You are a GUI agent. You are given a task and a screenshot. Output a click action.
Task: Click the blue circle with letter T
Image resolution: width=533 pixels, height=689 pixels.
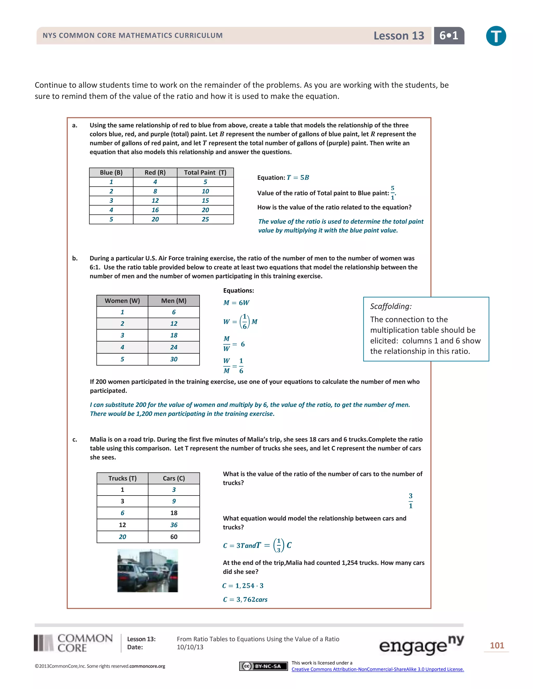click(496, 36)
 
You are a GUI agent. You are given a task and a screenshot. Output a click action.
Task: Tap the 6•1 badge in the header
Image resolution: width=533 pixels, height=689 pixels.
click(449, 36)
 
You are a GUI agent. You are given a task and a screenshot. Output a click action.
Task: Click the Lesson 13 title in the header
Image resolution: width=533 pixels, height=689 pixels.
click(398, 36)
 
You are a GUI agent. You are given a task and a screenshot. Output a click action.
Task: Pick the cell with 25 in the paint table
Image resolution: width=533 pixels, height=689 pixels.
click(205, 219)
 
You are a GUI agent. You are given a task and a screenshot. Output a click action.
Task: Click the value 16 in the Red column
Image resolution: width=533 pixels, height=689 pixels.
click(155, 210)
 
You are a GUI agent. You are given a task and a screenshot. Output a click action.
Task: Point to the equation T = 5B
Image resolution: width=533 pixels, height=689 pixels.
click(298, 178)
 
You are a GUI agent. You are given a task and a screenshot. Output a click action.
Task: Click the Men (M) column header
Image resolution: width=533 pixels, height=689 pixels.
click(174, 301)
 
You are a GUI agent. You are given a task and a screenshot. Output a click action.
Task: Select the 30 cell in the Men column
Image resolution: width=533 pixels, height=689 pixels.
click(174, 359)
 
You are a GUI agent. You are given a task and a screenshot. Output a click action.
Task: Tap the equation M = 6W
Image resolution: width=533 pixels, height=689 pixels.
click(236, 303)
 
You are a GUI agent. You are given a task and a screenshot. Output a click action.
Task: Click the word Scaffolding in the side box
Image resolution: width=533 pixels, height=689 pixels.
click(391, 306)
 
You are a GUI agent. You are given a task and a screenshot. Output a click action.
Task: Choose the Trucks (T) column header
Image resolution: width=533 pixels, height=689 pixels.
click(122, 478)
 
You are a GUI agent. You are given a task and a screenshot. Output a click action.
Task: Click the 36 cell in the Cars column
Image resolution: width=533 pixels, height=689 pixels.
click(174, 525)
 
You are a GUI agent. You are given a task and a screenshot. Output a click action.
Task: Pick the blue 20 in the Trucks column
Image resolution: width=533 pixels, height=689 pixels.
click(122, 537)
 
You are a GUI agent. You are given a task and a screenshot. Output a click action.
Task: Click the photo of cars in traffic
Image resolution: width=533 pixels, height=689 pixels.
click(148, 570)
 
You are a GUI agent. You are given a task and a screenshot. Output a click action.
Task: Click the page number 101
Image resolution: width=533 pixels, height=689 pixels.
click(497, 646)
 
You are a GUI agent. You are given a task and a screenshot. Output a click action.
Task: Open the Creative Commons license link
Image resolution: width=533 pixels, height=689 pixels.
click(378, 669)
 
